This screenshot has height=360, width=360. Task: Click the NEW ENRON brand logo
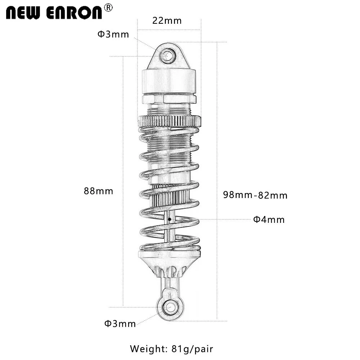[x=54, y=12]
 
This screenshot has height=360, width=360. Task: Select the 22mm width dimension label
[x=167, y=21]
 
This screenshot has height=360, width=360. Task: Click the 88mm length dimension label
[x=98, y=191]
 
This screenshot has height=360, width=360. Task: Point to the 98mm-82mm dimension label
[x=255, y=195]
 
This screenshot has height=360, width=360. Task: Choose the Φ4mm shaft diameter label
[x=269, y=219]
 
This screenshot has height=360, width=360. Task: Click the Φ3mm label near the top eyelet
[x=113, y=35]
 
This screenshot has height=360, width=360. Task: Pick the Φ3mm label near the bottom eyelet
[x=120, y=324]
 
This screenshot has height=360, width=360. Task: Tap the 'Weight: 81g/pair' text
[x=172, y=348]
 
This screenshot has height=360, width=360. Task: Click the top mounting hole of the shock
[x=167, y=56]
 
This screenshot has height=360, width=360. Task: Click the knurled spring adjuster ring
[x=169, y=121]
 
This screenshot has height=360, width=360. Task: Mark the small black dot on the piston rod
[x=169, y=218]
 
